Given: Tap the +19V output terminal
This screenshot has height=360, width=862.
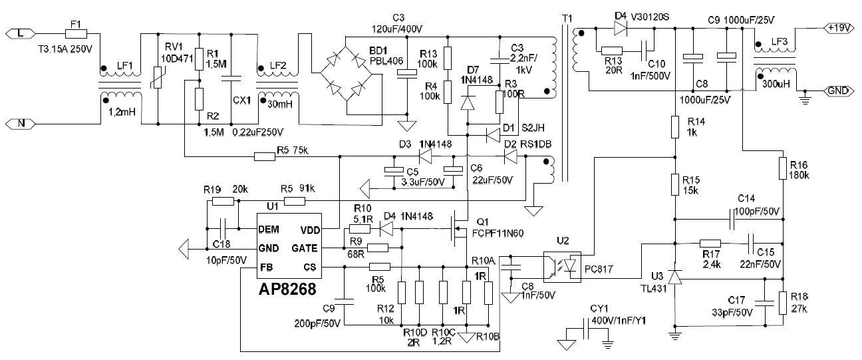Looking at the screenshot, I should point(837,28).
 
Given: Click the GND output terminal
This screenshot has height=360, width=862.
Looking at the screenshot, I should point(837,90).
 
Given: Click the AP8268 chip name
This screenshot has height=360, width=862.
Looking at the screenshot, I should point(287,289).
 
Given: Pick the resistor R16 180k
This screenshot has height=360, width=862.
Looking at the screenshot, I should point(784,168).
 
